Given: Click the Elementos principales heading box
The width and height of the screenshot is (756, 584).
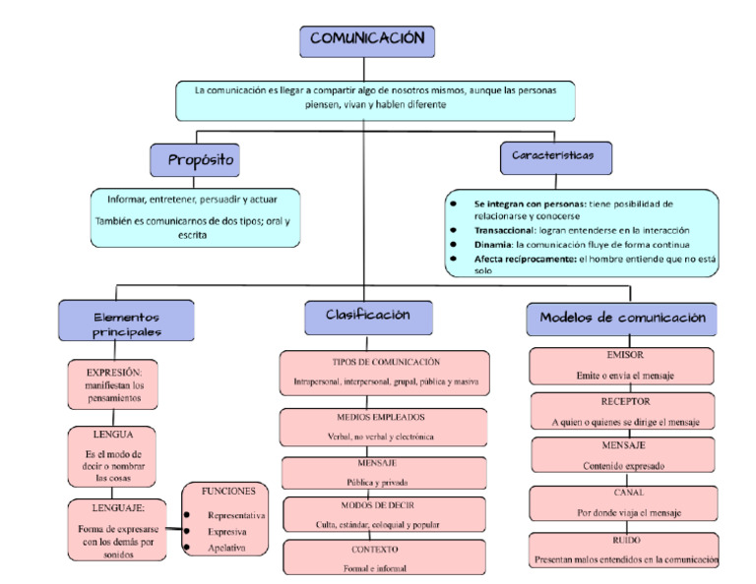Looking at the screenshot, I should coord(126,324).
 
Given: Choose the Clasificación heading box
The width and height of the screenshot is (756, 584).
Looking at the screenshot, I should coord(367,316).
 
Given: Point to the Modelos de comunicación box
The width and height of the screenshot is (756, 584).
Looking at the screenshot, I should coord(622,319).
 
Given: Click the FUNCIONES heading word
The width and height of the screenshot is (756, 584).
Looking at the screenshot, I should coord(228,491).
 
